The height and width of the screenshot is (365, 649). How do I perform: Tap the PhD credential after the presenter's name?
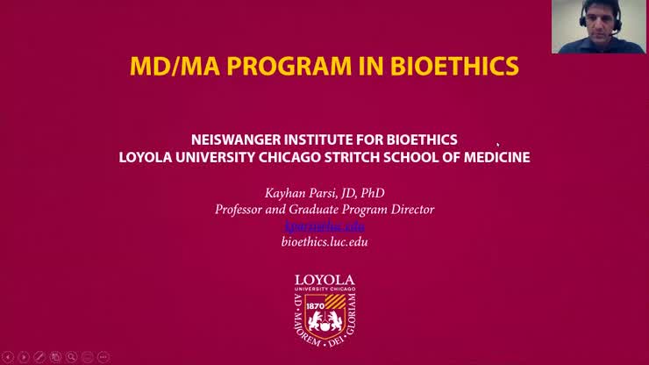(x=372, y=193)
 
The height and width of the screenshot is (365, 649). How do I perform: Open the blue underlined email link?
(x=324, y=225)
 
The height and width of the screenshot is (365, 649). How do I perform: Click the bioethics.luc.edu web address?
(x=324, y=241)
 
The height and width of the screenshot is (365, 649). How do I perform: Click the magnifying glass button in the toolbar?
(x=72, y=357)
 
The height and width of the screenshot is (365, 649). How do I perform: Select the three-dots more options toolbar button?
(x=103, y=357)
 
